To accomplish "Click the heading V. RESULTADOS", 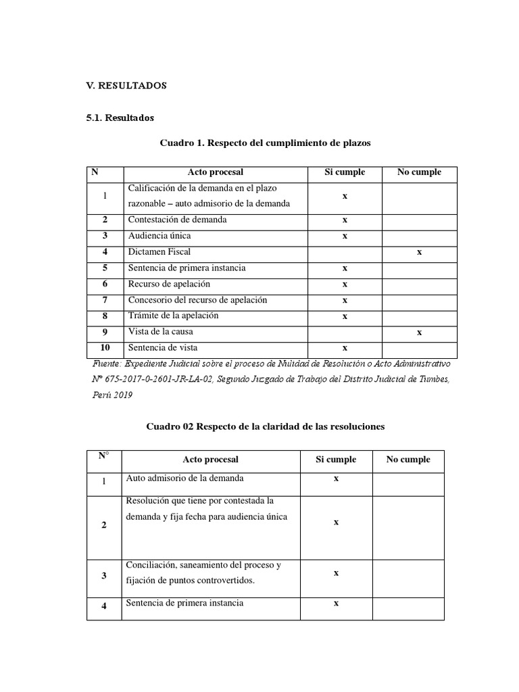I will click(x=126, y=86).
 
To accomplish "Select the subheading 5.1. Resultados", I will click(x=120, y=118).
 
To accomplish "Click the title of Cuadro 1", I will click(x=265, y=143).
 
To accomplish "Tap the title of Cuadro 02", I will click(x=266, y=426).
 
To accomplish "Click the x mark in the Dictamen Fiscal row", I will click(x=419, y=251).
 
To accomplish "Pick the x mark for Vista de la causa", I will click(x=419, y=332).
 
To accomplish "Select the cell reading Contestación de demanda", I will click(x=177, y=220).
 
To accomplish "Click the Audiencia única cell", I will click(x=159, y=236).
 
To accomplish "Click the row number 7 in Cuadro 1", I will click(x=105, y=300).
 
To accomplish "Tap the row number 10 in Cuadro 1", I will click(x=105, y=348).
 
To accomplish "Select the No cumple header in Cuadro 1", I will click(x=419, y=172).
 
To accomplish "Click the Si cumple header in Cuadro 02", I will click(x=336, y=460).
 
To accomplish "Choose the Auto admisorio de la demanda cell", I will click(x=184, y=478).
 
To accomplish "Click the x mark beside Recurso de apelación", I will click(x=345, y=284).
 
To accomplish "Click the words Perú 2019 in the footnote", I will click(x=112, y=395).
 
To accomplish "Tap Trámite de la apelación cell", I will click(x=173, y=316).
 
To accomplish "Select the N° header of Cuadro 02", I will click(x=103, y=455).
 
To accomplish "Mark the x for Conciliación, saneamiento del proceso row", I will click(x=336, y=572).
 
